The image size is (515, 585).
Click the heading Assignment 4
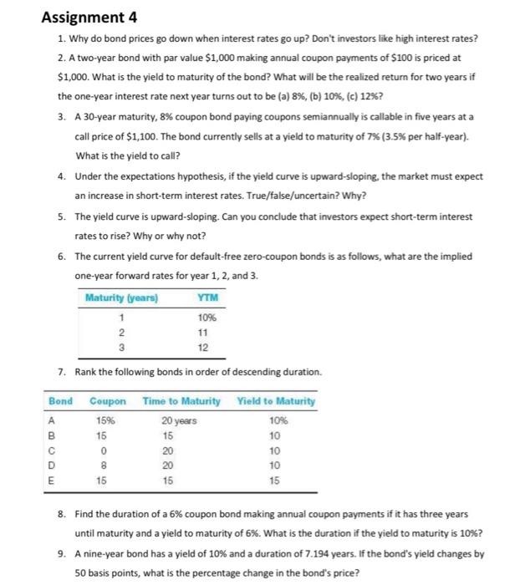[x=90, y=16]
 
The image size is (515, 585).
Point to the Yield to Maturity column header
[x=277, y=401]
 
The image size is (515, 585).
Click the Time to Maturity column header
[x=181, y=401]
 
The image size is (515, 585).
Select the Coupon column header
[x=106, y=401]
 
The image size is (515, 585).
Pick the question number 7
[x=64, y=371]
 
